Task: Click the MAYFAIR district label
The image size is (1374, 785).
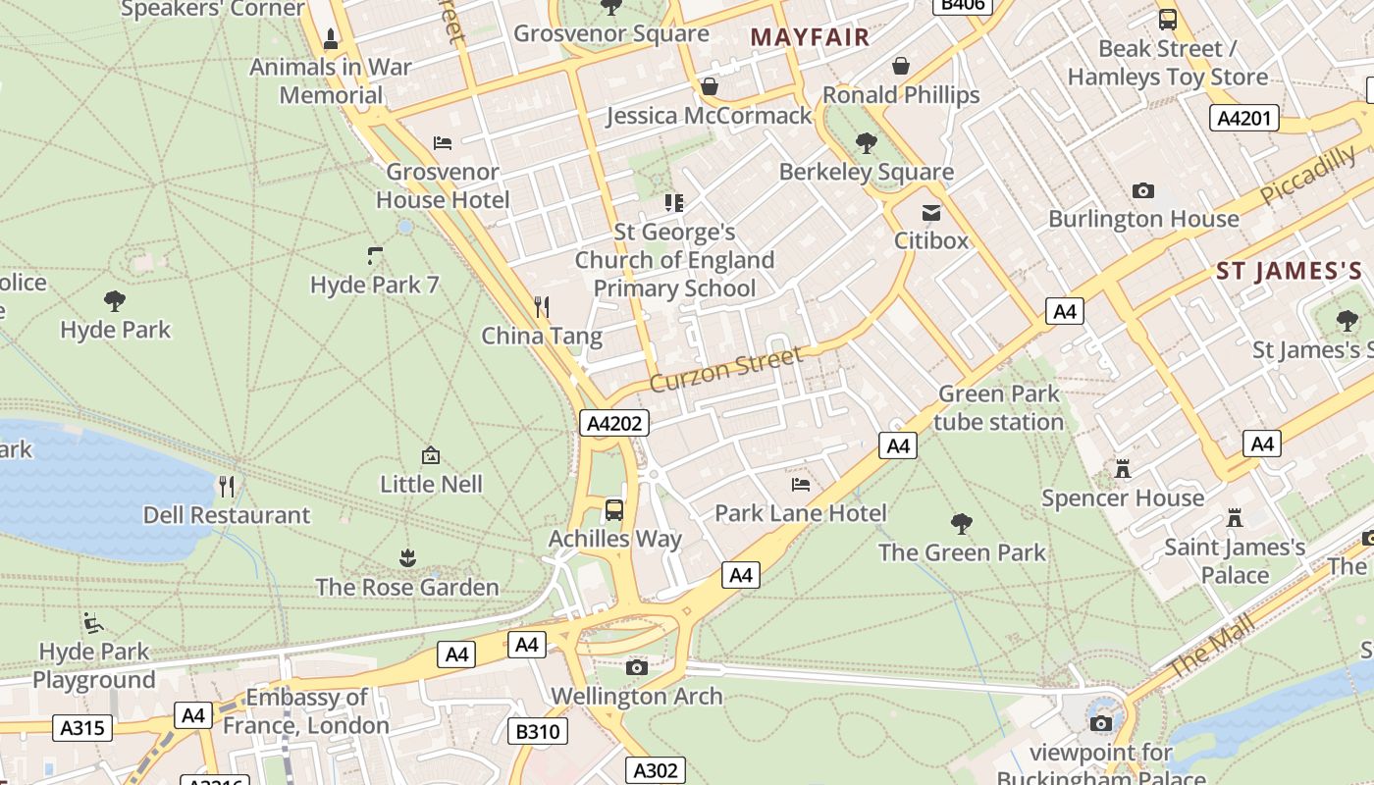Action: click(810, 37)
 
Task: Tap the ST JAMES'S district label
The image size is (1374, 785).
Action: click(1289, 271)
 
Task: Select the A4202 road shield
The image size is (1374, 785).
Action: click(614, 423)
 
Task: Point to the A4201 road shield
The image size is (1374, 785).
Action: click(1244, 119)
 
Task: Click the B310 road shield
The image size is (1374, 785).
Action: click(538, 731)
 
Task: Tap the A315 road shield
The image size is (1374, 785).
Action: click(84, 727)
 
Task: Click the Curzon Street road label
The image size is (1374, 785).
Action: click(726, 368)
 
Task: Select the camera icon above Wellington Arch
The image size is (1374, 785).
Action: click(637, 668)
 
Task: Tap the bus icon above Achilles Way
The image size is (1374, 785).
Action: click(614, 509)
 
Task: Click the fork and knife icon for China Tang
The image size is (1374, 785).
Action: click(542, 307)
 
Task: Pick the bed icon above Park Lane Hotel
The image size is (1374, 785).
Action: click(801, 484)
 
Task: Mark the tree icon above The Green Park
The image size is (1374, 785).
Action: click(962, 523)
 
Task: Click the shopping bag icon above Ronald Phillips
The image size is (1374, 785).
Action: click(901, 66)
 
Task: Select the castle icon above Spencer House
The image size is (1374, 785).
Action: click(1123, 469)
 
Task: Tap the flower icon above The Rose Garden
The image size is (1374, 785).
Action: click(407, 558)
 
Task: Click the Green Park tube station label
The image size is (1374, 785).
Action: click(999, 407)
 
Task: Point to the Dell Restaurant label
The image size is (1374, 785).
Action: click(226, 515)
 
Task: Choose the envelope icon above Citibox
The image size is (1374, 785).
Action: click(930, 212)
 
